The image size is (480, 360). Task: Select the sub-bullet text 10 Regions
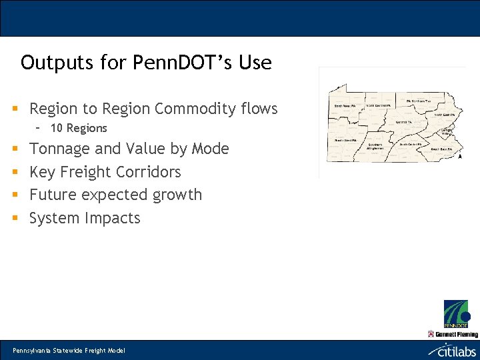pos(79,128)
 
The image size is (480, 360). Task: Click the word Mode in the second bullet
pos(210,149)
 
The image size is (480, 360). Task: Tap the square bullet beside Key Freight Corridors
pos(14,173)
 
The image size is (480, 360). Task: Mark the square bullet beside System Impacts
pos(14,219)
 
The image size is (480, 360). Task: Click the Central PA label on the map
pos(403,122)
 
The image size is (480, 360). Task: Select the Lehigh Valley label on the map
pos(445,131)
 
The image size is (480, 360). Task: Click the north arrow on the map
pos(459,157)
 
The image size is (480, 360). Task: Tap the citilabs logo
pos(453,350)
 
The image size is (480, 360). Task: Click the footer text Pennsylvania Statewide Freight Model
pos(69,351)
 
